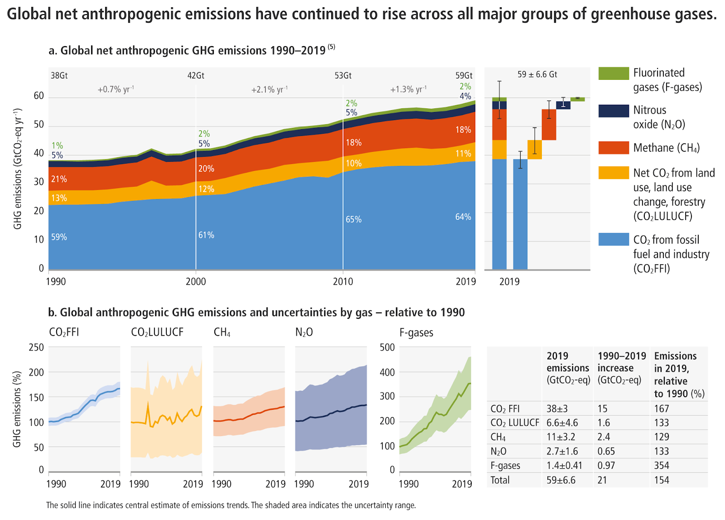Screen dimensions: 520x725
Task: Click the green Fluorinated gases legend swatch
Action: pyautogui.click(x=614, y=73)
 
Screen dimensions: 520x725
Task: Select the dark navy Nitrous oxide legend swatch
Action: pyautogui.click(x=614, y=111)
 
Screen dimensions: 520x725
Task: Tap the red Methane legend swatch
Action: pyautogui.click(x=614, y=148)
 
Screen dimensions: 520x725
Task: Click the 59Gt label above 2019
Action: pyautogui.click(x=464, y=76)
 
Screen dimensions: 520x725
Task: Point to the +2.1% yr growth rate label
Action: pyautogui.click(x=269, y=90)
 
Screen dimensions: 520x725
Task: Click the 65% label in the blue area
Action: pyautogui.click(x=353, y=219)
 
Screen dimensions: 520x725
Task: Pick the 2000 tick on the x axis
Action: pyautogui.click(x=196, y=282)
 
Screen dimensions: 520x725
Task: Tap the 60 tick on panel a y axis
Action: pyautogui.click(x=39, y=96)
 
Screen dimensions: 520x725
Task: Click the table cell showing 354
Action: pyautogui.click(x=662, y=466)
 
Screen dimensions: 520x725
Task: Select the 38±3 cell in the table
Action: pyautogui.click(x=557, y=408)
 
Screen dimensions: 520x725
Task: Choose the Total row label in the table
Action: pyautogui.click(x=500, y=480)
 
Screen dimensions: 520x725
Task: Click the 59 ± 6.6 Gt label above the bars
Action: pyautogui.click(x=537, y=74)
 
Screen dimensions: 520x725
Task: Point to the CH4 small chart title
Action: pyautogui.click(x=222, y=333)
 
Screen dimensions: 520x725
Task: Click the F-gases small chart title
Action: pyautogui.click(x=416, y=333)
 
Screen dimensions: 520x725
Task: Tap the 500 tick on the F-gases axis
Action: pyautogui.click(x=387, y=347)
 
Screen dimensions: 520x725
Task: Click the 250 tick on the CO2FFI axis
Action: pyautogui.click(x=36, y=347)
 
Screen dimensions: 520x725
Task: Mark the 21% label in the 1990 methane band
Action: pyautogui.click(x=59, y=179)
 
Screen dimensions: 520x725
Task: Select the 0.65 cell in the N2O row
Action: pyautogui.click(x=606, y=451)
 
